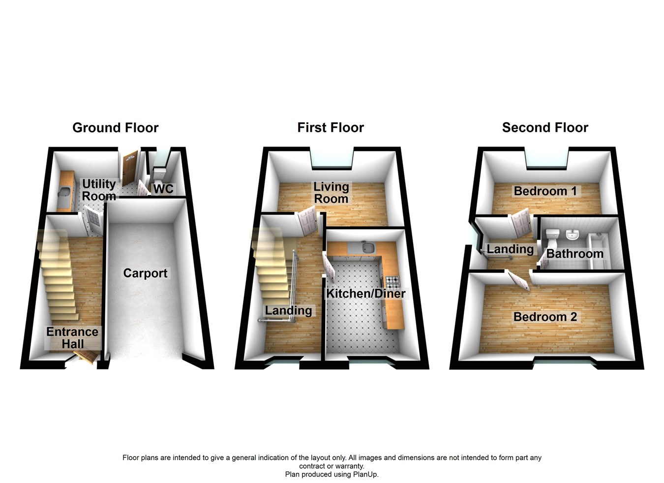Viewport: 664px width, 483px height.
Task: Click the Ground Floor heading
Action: [x=115, y=128]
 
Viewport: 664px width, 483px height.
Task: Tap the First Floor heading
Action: [x=331, y=128]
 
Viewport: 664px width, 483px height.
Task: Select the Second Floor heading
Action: [x=545, y=128]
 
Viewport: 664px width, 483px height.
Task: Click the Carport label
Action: [x=145, y=273]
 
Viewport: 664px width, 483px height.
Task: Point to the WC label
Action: [x=163, y=189]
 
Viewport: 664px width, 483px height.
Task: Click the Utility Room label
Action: [x=99, y=190]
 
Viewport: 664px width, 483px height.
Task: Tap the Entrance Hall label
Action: [x=72, y=338]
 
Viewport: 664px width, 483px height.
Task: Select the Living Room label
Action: [x=331, y=193]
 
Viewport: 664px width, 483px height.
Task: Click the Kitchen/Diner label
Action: [x=366, y=294]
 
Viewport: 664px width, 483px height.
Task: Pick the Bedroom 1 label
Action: [x=545, y=191]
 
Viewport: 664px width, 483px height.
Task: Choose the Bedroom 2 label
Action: [x=545, y=317]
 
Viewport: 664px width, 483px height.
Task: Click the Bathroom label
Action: [x=574, y=254]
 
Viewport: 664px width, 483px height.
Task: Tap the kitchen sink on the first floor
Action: [x=366, y=247]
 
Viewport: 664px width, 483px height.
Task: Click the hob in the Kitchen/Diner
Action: [x=392, y=282]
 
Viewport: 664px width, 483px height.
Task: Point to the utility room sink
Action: [x=63, y=192]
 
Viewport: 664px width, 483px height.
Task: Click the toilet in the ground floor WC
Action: [x=160, y=175]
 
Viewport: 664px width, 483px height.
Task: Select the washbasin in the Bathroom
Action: [x=572, y=236]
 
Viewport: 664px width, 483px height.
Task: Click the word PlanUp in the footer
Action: [x=366, y=475]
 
